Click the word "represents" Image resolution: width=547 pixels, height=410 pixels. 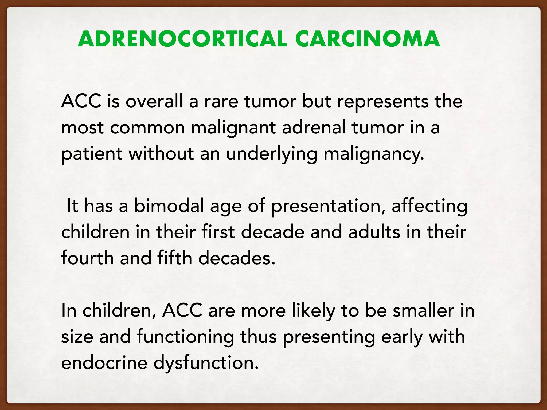(x=382, y=102)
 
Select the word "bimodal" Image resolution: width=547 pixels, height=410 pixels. (x=169, y=206)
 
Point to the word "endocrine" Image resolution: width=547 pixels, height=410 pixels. (x=104, y=363)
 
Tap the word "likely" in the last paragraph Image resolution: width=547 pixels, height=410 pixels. (x=313, y=311)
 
